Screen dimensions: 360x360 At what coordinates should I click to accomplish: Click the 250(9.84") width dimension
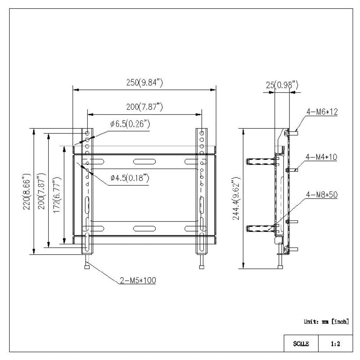(144, 82)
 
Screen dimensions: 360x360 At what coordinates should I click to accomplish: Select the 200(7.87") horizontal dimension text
(144, 107)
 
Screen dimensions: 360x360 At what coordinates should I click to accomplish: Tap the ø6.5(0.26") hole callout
(130, 124)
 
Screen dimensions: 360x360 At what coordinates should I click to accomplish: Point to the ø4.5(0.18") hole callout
(130, 178)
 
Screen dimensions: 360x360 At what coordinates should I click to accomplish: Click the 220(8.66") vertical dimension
(26, 192)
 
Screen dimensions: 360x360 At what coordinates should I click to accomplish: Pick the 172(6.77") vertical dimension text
(57, 195)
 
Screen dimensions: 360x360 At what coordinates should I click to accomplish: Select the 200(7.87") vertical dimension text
(42, 191)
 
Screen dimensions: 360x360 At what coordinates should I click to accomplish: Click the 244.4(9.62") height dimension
(236, 198)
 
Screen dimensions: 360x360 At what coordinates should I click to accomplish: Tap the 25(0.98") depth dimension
(282, 85)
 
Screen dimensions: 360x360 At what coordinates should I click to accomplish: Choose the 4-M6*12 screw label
(322, 112)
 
